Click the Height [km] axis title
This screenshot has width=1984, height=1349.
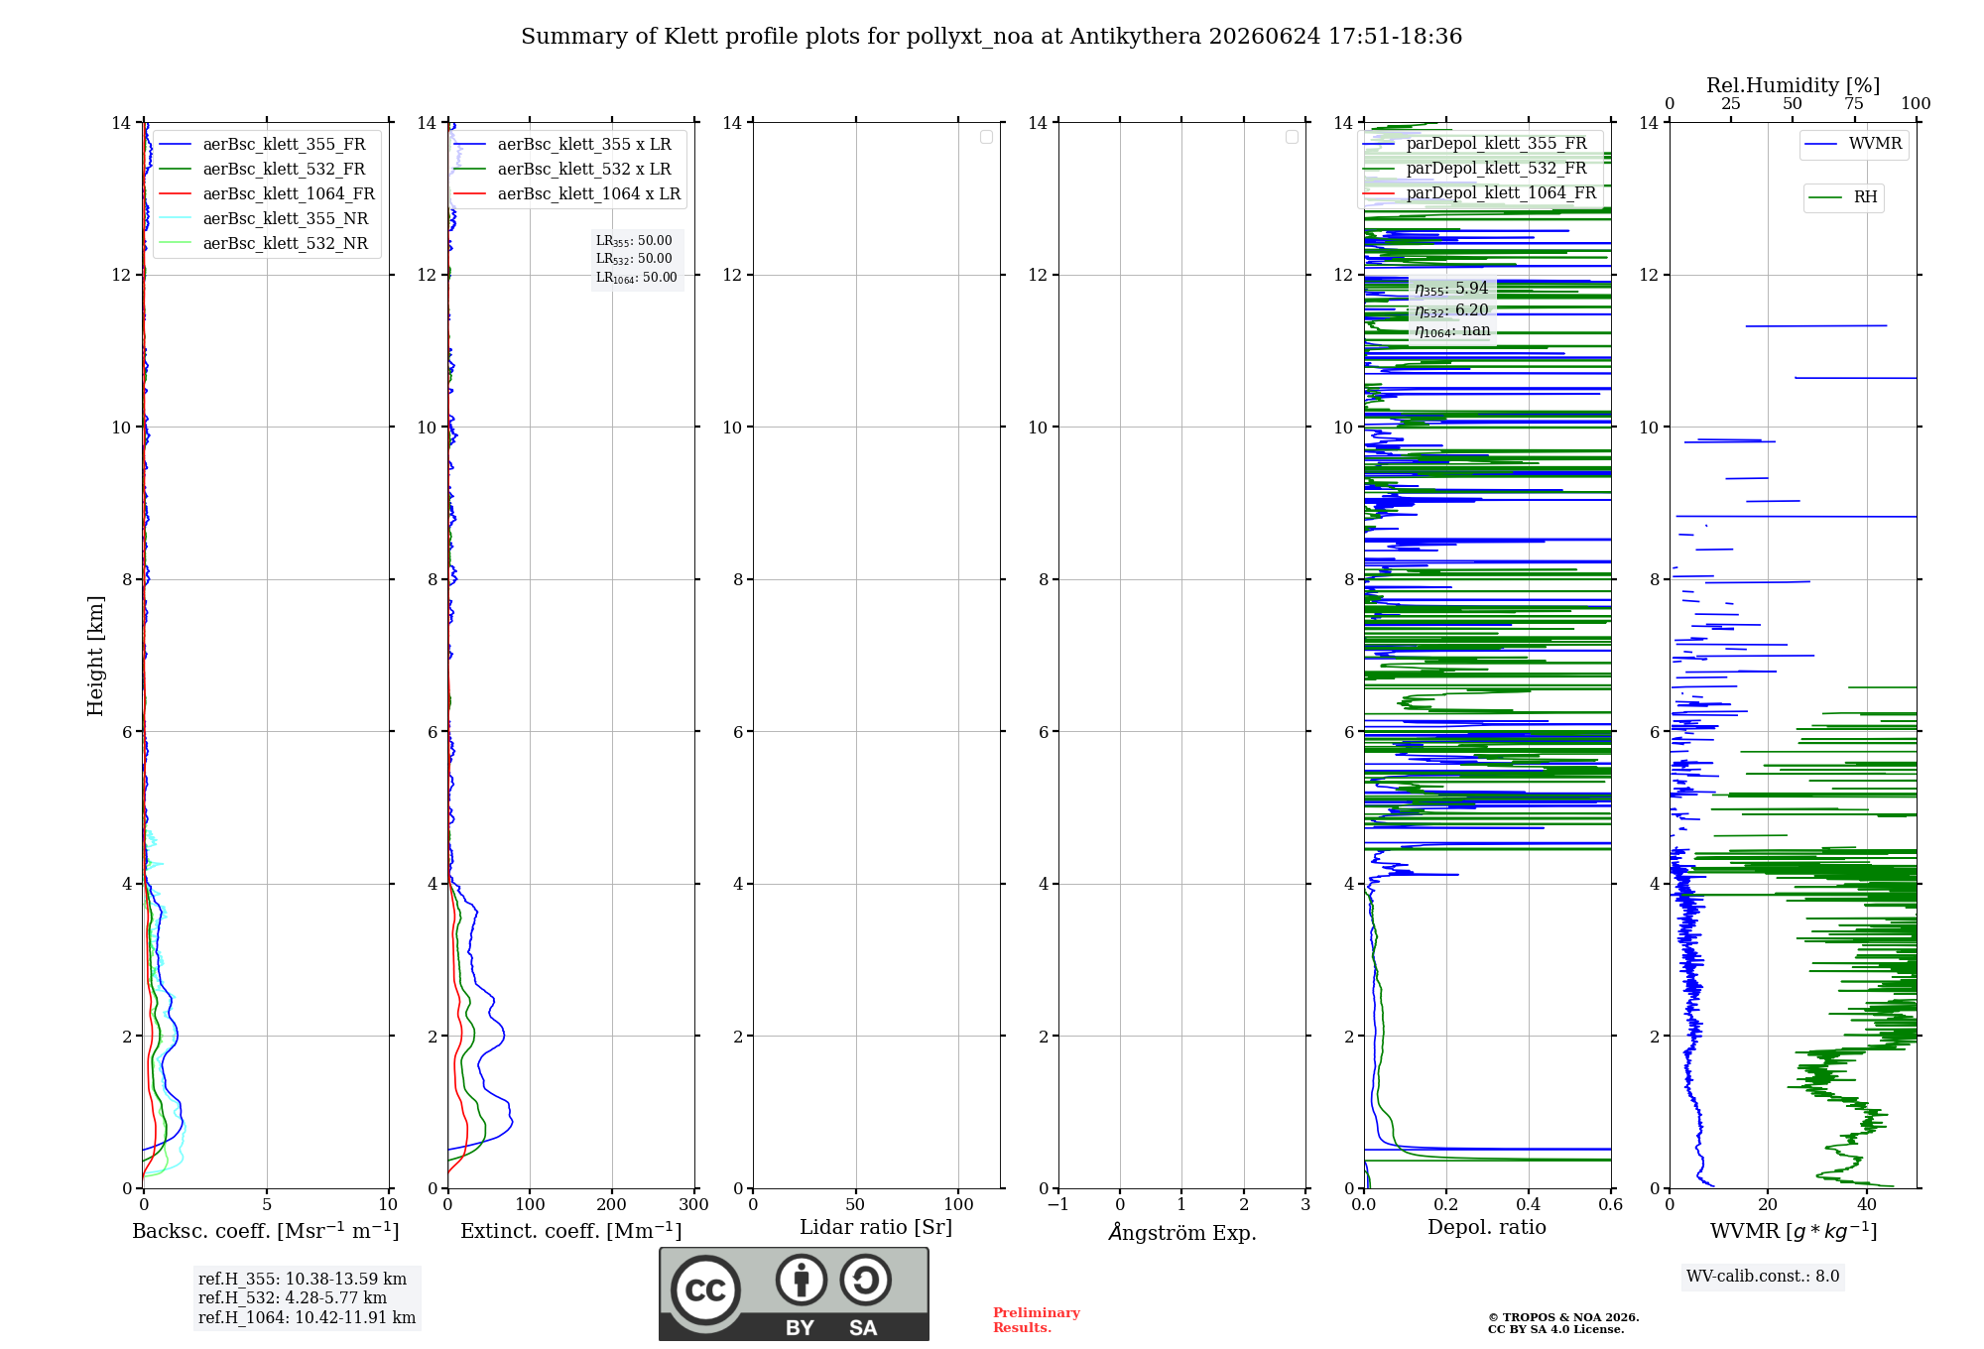[95, 656]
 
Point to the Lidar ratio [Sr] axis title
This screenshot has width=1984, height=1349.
[876, 1227]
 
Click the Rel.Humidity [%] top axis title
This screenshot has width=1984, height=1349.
[1794, 85]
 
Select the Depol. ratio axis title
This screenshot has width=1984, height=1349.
[1487, 1227]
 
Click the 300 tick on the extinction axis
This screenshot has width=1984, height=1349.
[693, 1204]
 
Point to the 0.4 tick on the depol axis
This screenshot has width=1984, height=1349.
[1529, 1204]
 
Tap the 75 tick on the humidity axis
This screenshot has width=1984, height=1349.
[1853, 103]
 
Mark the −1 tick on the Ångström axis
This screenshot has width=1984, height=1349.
[1058, 1204]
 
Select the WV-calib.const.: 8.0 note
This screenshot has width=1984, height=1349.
[1763, 1277]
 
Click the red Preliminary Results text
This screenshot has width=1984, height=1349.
[1037, 1320]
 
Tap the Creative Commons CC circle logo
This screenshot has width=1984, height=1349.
[705, 1290]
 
